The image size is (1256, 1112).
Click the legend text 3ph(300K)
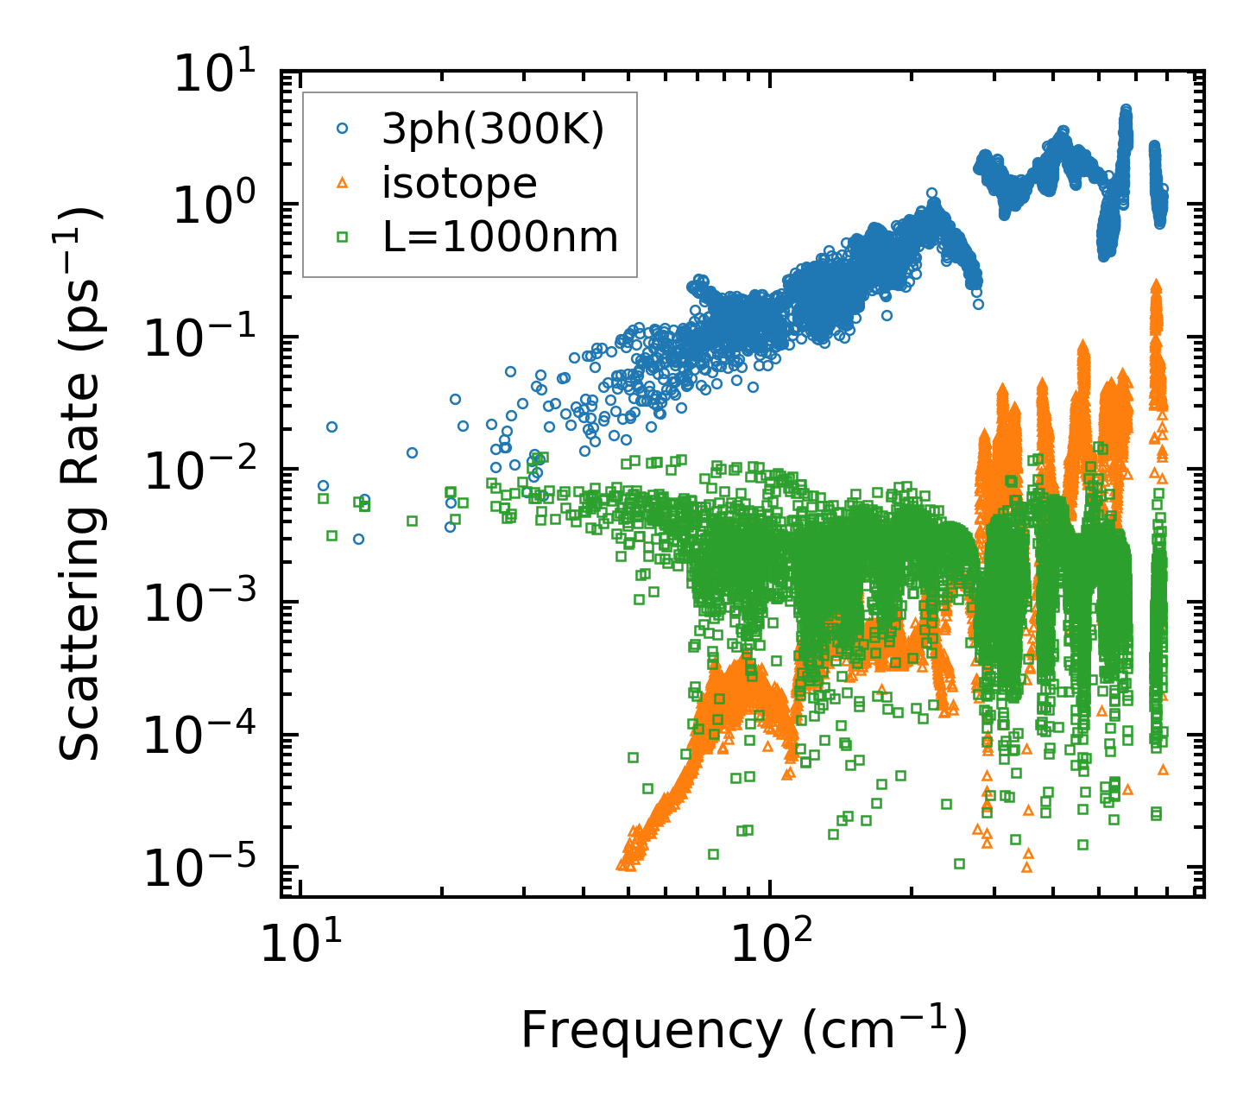click(493, 130)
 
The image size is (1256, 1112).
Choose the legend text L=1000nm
click(501, 236)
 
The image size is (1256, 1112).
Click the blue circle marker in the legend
click(342, 129)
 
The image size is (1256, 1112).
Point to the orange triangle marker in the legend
click(342, 182)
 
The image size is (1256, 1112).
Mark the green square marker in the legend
click(342, 235)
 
